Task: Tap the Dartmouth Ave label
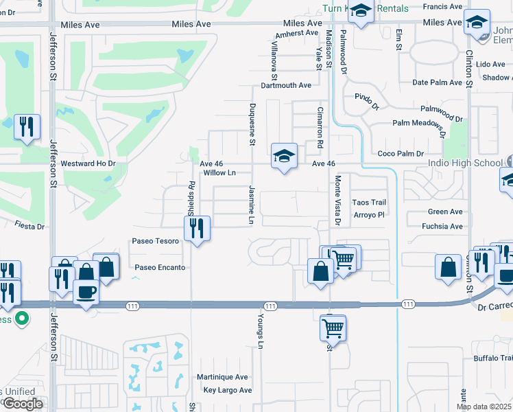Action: pos(286,86)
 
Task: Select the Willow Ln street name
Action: pos(220,173)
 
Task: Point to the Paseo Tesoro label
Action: pos(156,241)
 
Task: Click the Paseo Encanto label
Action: pos(160,267)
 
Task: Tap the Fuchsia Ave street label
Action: pos(444,226)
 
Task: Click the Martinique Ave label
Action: pos(222,377)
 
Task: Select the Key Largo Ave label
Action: pos(228,390)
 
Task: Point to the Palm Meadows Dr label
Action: pos(419,124)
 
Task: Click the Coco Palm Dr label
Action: pos(401,154)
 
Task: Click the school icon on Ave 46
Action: pos(283,157)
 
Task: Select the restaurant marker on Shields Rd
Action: pos(198,229)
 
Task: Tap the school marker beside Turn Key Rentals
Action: pos(361,12)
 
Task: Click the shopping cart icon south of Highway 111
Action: pos(333,328)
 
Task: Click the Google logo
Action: pos(22,403)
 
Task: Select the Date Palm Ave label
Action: pos(438,82)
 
